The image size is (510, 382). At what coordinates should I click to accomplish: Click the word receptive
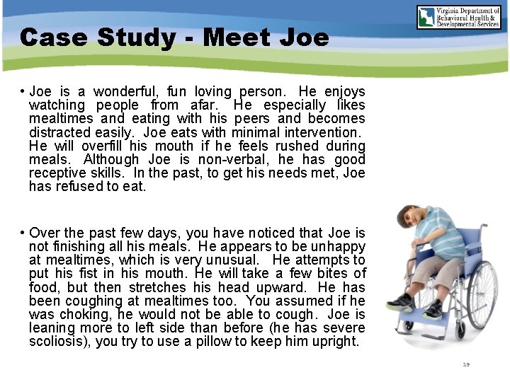(x=59, y=173)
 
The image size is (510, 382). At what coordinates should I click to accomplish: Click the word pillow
(x=212, y=341)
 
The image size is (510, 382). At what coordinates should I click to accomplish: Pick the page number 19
(x=465, y=365)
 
